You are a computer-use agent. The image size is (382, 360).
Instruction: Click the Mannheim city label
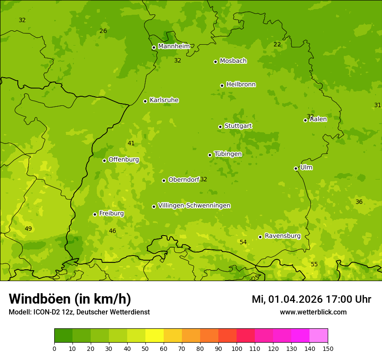click(174, 46)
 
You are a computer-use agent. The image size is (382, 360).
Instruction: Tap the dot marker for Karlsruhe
click(145, 101)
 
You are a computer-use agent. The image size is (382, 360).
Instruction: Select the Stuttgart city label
click(238, 126)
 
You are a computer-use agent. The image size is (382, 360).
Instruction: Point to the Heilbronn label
click(241, 85)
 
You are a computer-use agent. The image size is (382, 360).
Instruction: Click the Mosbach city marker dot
click(215, 62)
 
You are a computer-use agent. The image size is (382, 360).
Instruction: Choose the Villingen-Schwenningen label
click(194, 206)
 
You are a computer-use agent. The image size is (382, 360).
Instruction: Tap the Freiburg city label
click(111, 213)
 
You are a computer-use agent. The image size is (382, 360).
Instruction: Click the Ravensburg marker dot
click(260, 237)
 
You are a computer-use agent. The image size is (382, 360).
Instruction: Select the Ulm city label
click(306, 167)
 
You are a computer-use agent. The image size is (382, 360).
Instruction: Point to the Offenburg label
click(124, 160)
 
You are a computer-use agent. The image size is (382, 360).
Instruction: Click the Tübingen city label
click(228, 154)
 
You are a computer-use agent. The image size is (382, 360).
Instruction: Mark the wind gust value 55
click(314, 265)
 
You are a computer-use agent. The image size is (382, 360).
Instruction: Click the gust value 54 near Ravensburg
click(243, 242)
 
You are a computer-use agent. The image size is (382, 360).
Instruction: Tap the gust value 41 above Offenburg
click(131, 144)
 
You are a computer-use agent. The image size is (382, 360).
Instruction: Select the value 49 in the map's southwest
click(28, 229)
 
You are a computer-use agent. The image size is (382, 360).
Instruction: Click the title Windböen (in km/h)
click(70, 299)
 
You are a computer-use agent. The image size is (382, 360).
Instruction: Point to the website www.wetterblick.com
click(313, 312)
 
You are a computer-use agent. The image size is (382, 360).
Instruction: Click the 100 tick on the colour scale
click(237, 348)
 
